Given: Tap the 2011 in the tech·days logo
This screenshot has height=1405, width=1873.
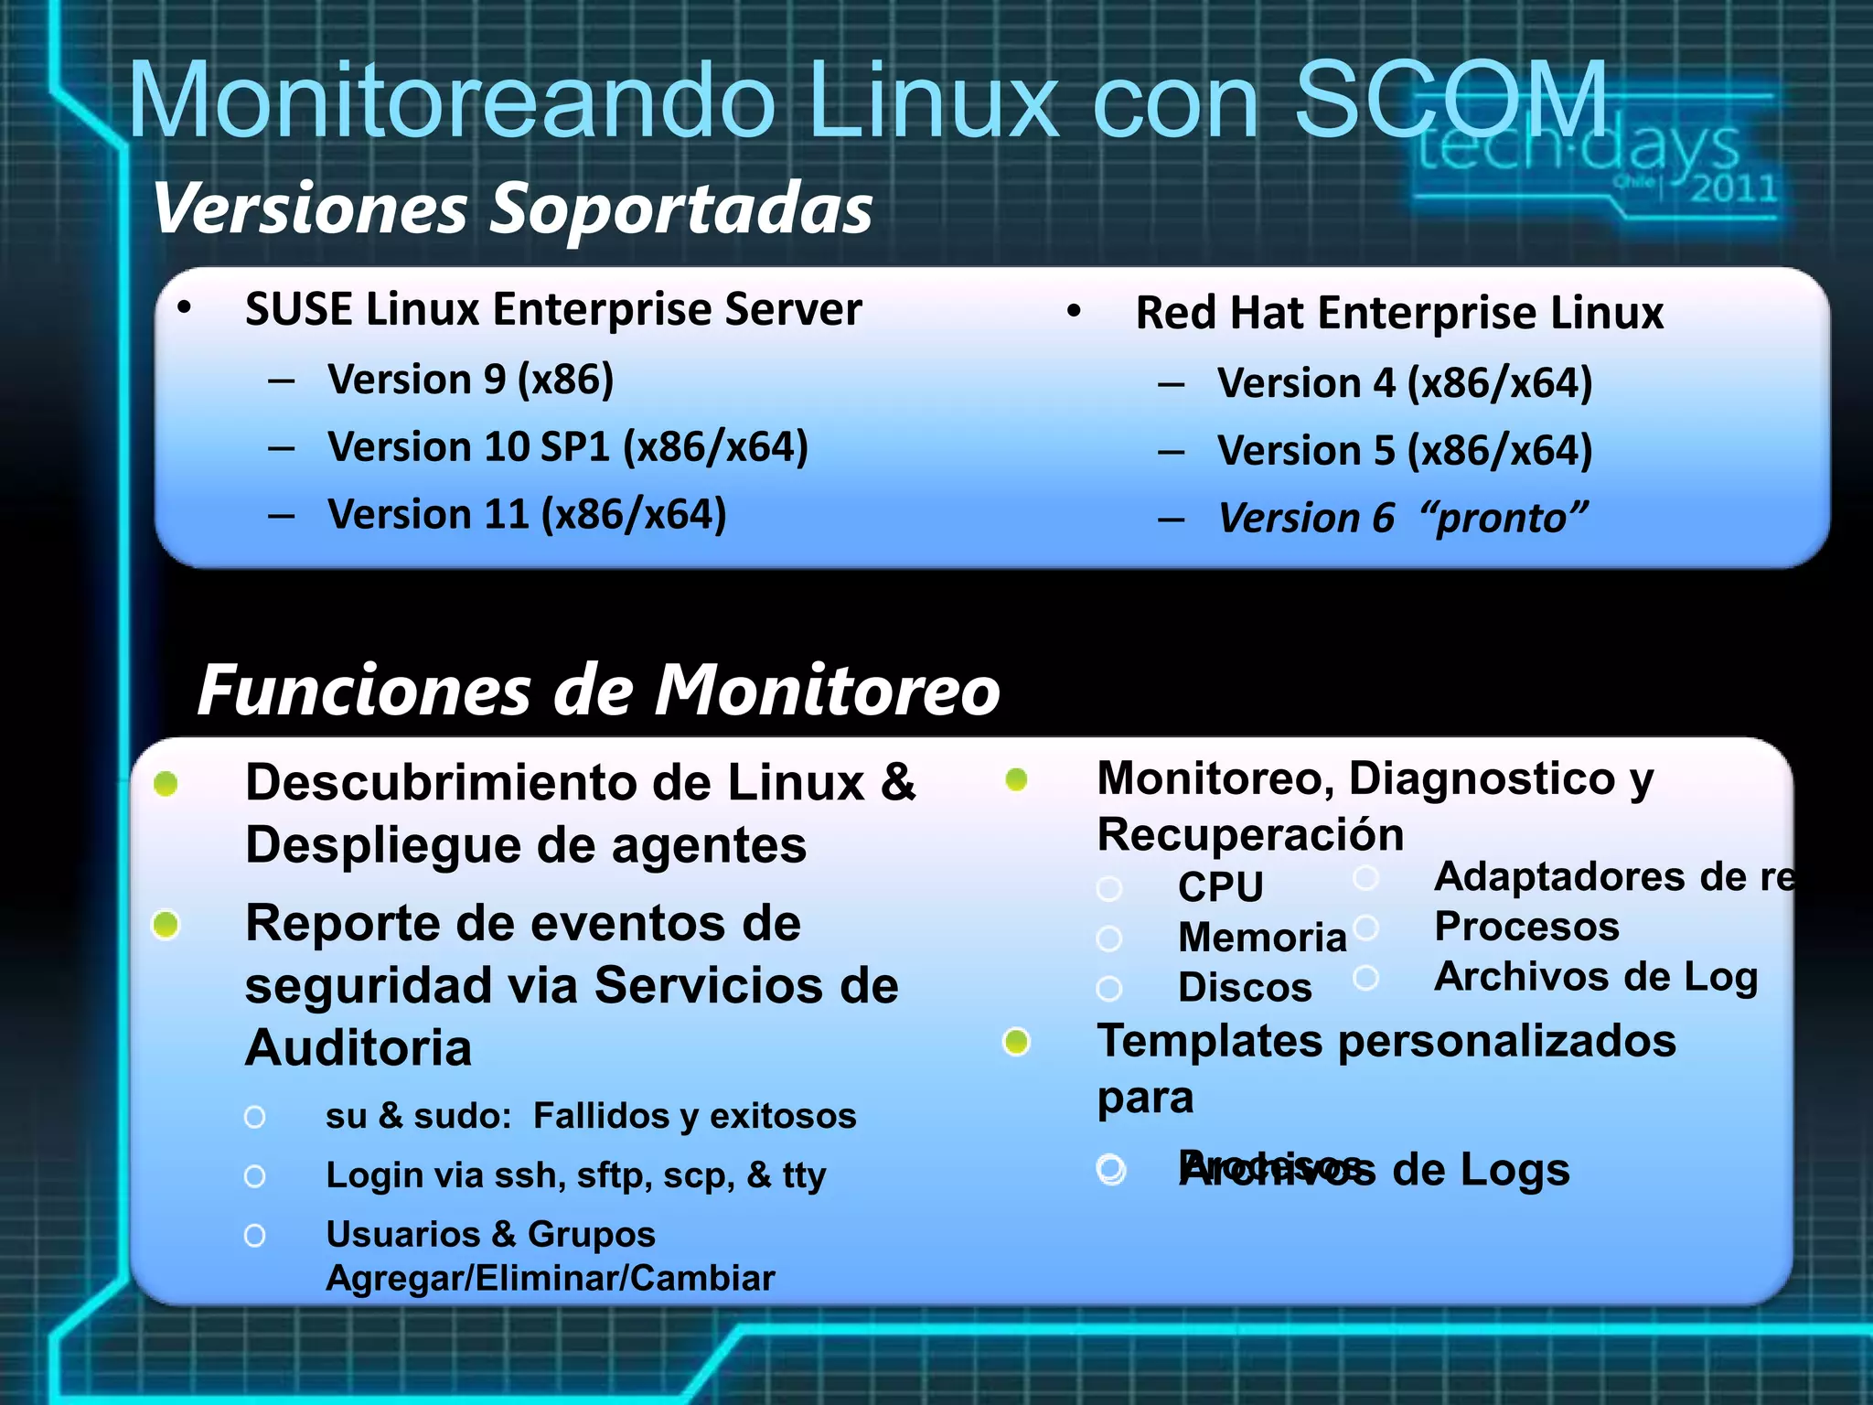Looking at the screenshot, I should point(1733,189).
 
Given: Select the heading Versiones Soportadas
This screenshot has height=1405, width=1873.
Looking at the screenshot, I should point(513,209).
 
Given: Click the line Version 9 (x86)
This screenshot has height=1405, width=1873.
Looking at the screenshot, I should point(470,380).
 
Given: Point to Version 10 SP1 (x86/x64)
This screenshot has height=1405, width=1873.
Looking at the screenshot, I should point(568,447).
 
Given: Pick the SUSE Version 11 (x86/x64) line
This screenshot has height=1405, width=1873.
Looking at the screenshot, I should point(527,515).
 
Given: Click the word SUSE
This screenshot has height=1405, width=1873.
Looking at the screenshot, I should point(298,309).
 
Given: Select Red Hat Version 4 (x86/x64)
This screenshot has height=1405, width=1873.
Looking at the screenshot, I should point(1404,383).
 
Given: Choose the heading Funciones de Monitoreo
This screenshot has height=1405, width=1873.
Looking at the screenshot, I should point(599,690).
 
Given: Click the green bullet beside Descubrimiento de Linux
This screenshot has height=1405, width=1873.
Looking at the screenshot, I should point(166,784).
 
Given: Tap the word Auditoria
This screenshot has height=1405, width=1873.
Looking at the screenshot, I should point(359,1048).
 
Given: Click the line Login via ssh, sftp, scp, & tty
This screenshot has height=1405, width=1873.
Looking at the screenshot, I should point(575,1175).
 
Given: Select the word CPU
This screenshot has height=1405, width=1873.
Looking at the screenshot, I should point(1220,887).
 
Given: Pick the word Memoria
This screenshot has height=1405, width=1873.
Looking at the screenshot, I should point(1262,938).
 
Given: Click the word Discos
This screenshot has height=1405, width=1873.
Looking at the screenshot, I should point(1245,988).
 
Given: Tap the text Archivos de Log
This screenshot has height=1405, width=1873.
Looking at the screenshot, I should point(1595,977).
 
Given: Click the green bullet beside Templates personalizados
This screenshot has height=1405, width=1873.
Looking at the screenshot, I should point(1016,1042).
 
